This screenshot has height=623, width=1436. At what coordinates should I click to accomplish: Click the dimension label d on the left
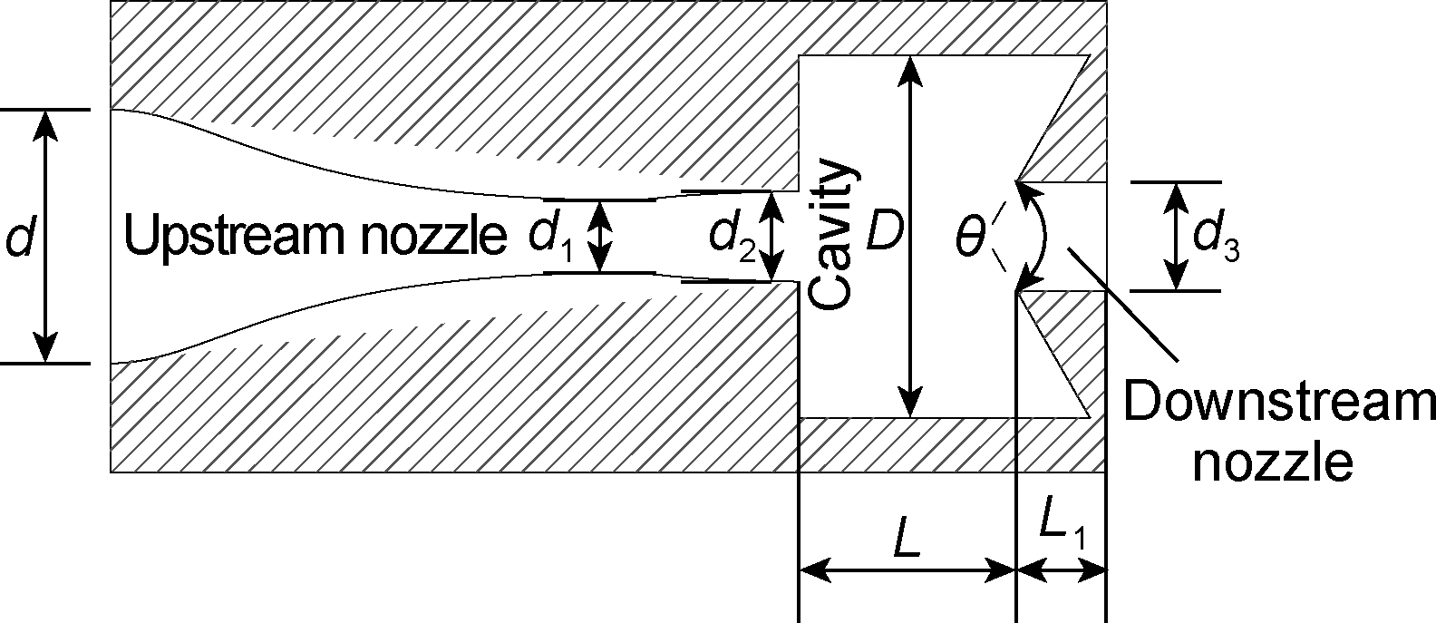pyautogui.click(x=19, y=238)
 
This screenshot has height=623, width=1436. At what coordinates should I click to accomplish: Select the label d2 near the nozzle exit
pyautogui.click(x=732, y=238)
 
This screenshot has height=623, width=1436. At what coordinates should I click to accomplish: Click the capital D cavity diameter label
pyautogui.click(x=882, y=235)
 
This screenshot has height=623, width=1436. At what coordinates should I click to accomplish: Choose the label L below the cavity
pyautogui.click(x=906, y=540)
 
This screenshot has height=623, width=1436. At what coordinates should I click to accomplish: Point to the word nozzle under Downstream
pyautogui.click(x=1273, y=463)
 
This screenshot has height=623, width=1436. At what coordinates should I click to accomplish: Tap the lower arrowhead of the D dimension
pyautogui.click(x=910, y=403)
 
